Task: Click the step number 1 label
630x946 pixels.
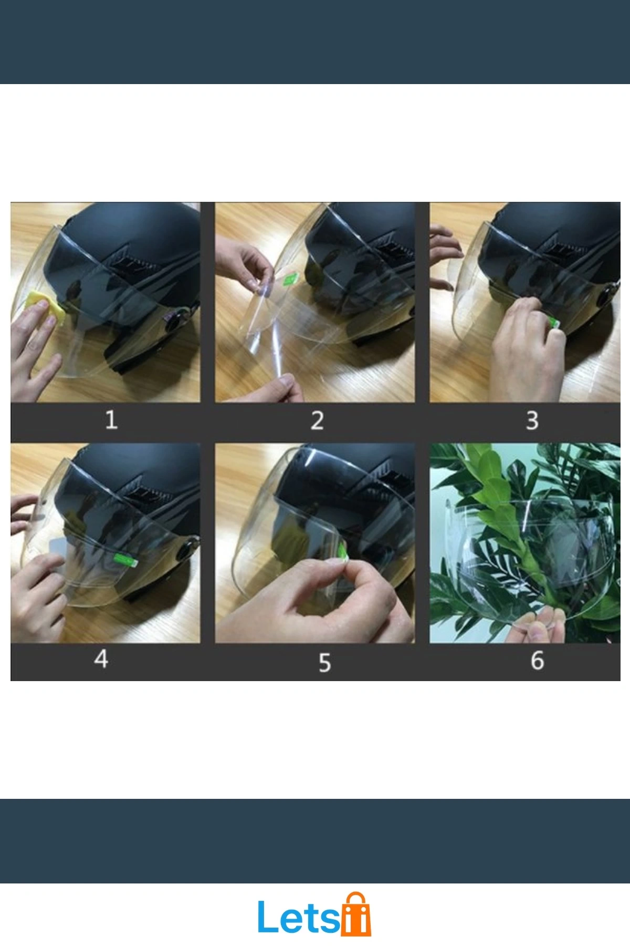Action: pyautogui.click(x=111, y=420)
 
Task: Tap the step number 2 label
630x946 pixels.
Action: pyautogui.click(x=317, y=420)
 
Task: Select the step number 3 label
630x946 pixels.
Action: pyautogui.click(x=532, y=420)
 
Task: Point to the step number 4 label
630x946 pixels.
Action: pyautogui.click(x=101, y=659)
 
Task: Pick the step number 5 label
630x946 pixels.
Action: pyautogui.click(x=325, y=662)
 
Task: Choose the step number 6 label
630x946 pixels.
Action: pyautogui.click(x=537, y=661)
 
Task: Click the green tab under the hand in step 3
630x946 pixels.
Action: pyautogui.click(x=554, y=321)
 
